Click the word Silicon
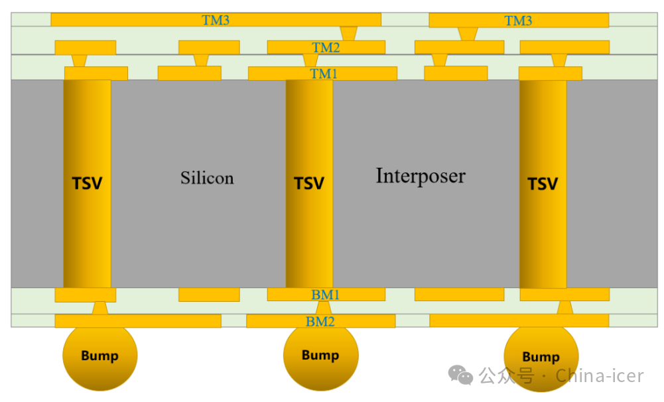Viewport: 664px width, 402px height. coord(207,178)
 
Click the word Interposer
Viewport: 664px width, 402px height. coord(421,176)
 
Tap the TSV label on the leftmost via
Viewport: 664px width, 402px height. coord(87,183)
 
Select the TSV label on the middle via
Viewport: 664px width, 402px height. coord(309,183)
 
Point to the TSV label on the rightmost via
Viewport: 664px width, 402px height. coord(543,184)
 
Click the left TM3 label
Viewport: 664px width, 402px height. coord(216,20)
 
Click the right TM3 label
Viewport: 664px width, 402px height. coord(518,21)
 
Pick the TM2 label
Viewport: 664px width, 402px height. coord(326,47)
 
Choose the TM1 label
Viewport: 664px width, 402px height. coord(324,74)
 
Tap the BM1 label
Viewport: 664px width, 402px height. coord(325,295)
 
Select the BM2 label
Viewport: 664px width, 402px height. coord(320,322)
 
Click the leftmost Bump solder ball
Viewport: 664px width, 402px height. coord(100,356)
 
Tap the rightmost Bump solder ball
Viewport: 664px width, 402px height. coord(541,356)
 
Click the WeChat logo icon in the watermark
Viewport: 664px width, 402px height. coord(460,375)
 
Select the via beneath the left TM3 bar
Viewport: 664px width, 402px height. coord(348,33)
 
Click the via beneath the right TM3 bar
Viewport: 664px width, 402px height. coord(468,34)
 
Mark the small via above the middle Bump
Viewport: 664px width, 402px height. coord(323,308)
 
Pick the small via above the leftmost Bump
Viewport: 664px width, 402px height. coord(100,308)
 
